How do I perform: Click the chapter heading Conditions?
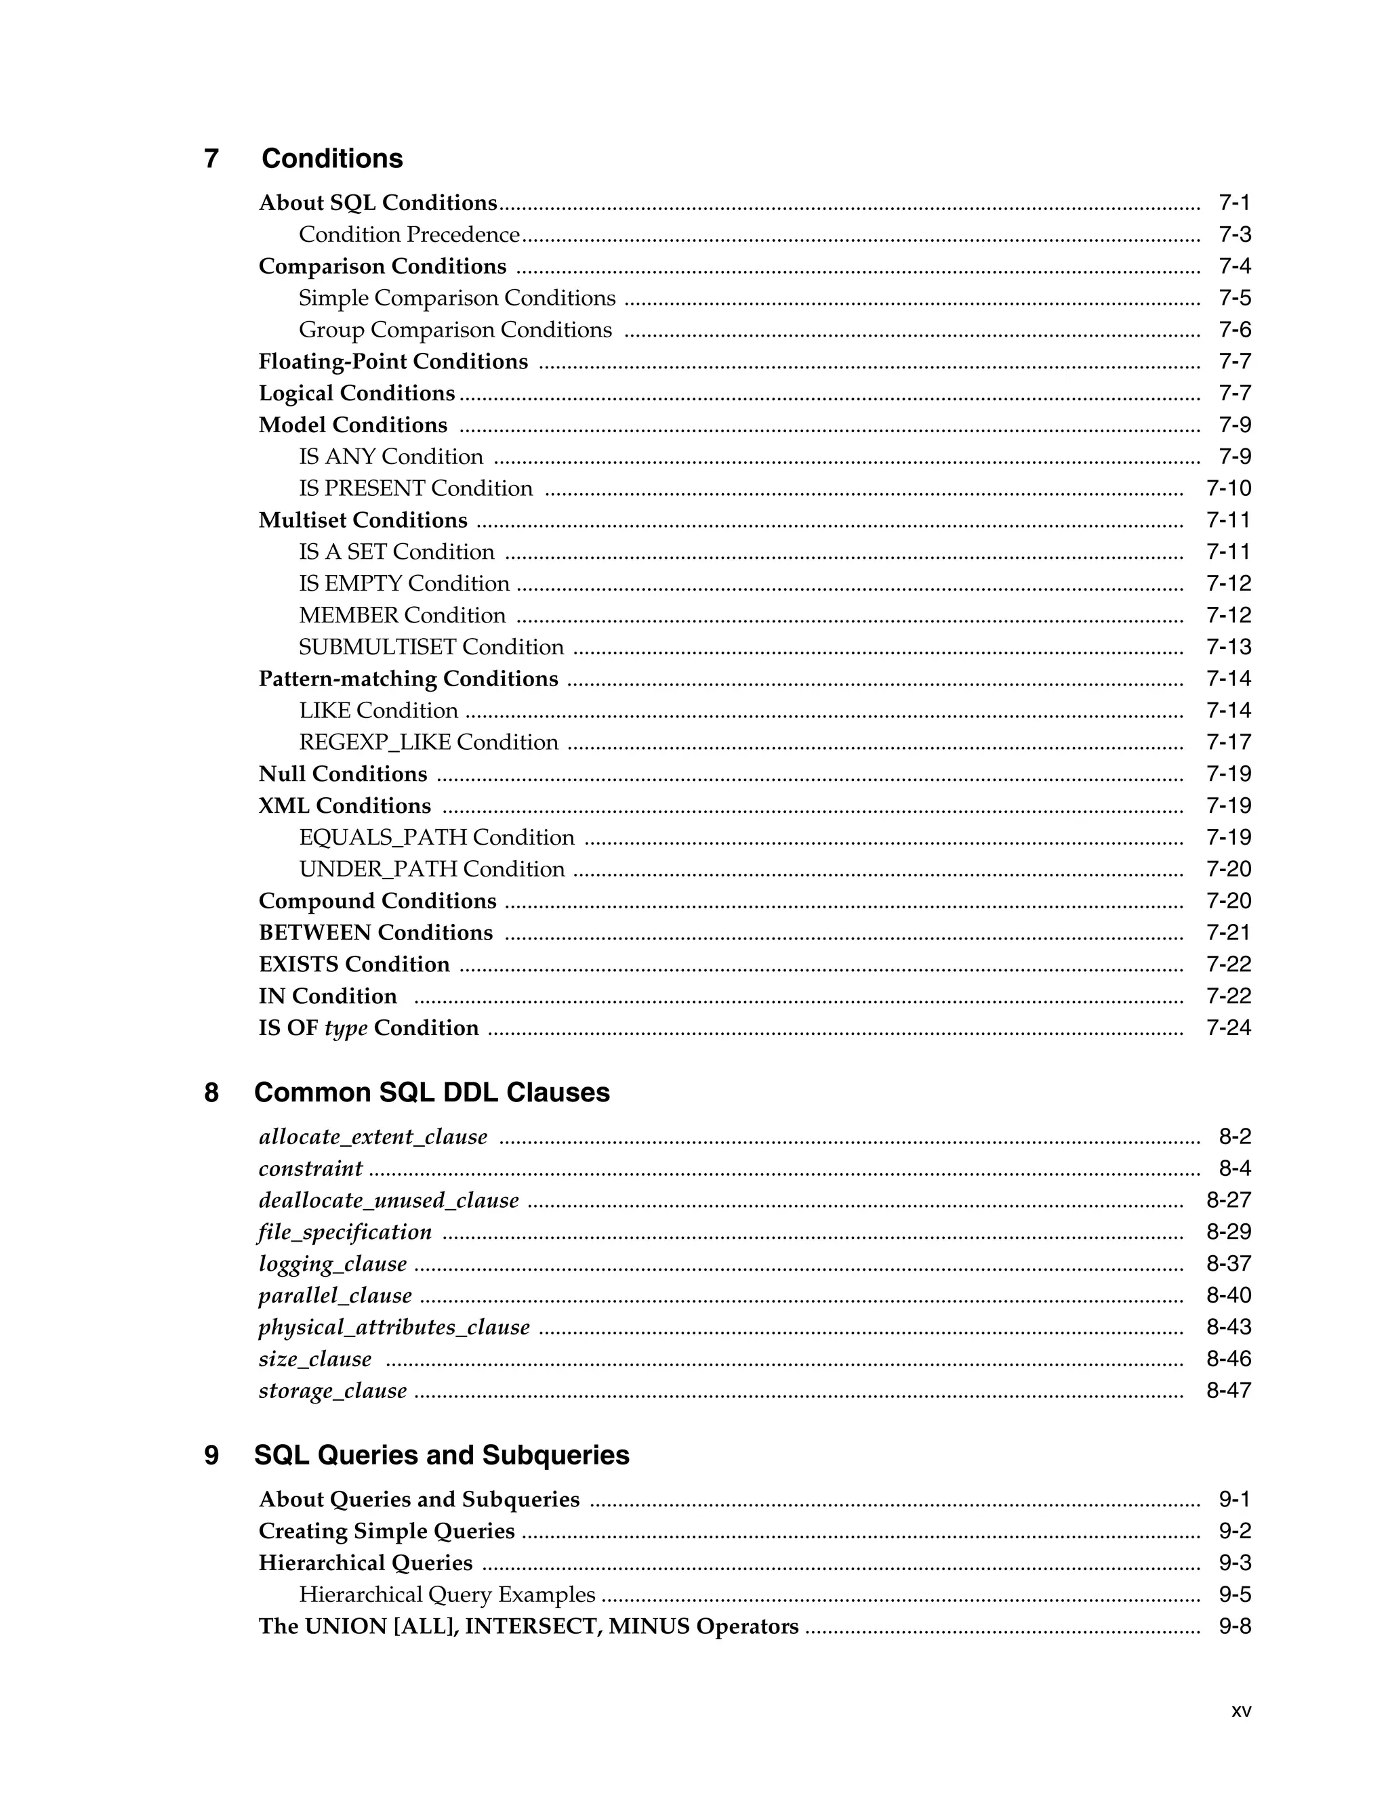(x=331, y=159)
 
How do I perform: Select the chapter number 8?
(x=211, y=1093)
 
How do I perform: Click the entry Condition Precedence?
(x=409, y=235)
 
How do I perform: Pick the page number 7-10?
(x=1227, y=488)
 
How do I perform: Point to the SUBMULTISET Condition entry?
(x=431, y=647)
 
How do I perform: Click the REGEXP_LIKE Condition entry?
(x=428, y=742)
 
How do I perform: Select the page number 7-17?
(x=1227, y=742)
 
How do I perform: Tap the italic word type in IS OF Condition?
(x=346, y=1028)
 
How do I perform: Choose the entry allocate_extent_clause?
(x=373, y=1137)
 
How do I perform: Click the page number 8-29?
(x=1227, y=1232)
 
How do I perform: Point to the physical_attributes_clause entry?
(x=394, y=1328)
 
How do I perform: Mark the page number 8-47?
(x=1227, y=1391)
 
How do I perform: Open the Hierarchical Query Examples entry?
(x=447, y=1595)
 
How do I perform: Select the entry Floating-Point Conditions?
(x=393, y=362)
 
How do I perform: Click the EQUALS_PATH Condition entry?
(x=436, y=837)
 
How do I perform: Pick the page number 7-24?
(x=1227, y=1028)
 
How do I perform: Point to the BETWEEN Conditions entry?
(x=375, y=933)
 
